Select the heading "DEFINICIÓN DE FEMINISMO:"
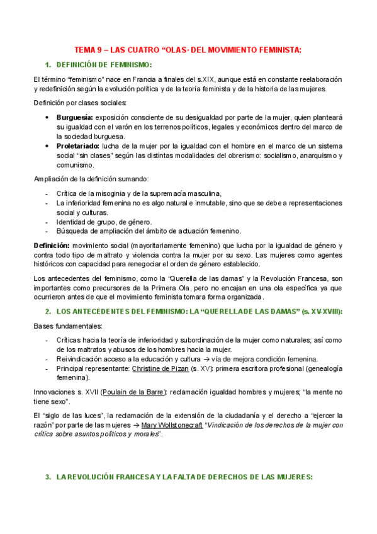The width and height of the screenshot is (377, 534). tap(104, 65)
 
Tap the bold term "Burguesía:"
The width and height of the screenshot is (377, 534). tap(75, 117)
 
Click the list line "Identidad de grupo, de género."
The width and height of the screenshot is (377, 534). tap(104, 222)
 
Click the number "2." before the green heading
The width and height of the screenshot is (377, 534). tap(48, 312)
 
